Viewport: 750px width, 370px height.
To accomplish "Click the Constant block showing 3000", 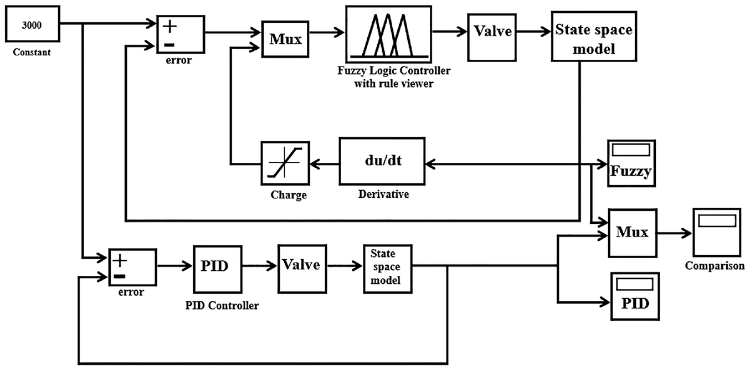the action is pos(33,24).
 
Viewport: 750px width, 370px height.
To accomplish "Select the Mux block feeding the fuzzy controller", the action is pos(285,39).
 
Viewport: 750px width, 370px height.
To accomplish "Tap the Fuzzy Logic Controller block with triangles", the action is pos(388,34).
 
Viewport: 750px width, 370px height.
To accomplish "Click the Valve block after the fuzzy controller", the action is pos(492,38).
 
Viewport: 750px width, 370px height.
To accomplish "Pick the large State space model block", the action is pos(594,37).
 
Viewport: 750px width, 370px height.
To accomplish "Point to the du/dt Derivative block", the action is pos(382,161).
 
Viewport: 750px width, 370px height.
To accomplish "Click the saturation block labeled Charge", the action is pos(285,163).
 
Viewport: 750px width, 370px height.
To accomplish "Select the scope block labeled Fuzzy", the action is pos(631,163).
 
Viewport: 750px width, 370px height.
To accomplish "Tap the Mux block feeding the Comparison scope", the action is pos(633,233).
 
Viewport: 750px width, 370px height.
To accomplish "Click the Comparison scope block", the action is pos(717,233).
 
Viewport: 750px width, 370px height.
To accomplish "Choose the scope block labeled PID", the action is pos(635,296).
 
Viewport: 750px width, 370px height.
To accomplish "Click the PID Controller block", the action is pos(218,270).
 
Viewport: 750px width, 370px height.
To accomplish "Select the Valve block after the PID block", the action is pos(302,269).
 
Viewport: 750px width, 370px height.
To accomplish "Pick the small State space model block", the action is pos(388,269).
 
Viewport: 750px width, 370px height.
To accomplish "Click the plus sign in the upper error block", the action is pos(169,27).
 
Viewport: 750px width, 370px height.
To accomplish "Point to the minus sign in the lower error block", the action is pos(120,276).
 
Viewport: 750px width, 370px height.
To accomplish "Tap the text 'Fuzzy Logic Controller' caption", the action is pos(394,71).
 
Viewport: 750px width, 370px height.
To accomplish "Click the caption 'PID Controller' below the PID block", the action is pos(222,305).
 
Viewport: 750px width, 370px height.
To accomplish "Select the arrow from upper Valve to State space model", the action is pos(534,32).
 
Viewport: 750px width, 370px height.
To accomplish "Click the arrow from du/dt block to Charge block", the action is pos(325,165).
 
